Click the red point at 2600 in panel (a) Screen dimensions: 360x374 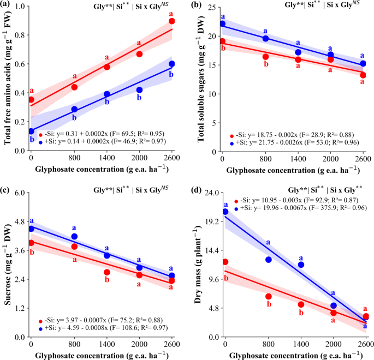(x=172, y=21)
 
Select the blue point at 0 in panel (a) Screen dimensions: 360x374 (x=31, y=131)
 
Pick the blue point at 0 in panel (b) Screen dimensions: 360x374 (x=222, y=24)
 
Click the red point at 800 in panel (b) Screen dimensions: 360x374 (x=265, y=57)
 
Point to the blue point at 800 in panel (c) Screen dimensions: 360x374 (x=74, y=236)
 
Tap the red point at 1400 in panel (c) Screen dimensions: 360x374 (x=107, y=272)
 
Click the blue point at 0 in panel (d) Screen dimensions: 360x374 (x=225, y=212)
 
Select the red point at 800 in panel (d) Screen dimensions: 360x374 (x=269, y=296)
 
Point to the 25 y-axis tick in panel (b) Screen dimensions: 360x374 (x=212, y=7)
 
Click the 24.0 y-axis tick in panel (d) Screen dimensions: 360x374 (x=209, y=193)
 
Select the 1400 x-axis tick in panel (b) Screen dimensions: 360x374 (x=298, y=158)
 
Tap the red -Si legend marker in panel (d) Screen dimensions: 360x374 (x=236, y=201)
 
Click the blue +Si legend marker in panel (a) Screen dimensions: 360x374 (x=40, y=141)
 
